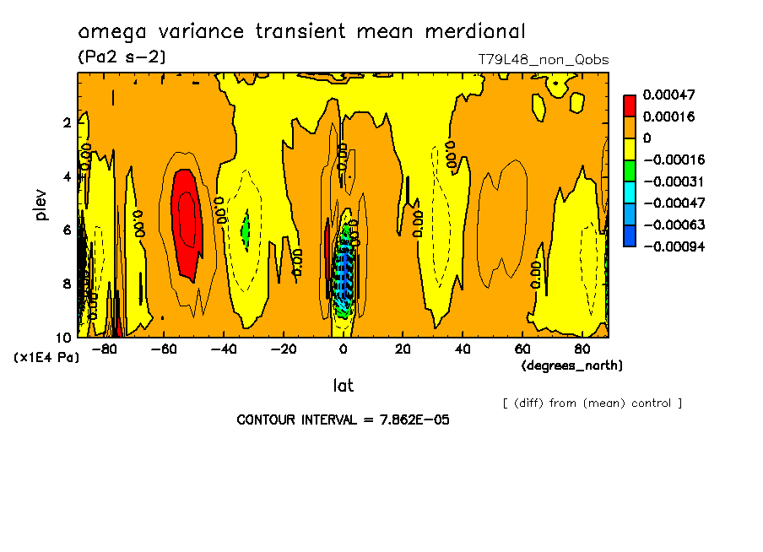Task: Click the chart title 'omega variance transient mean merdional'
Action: pyautogui.click(x=301, y=32)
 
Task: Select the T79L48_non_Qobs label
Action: pyautogui.click(x=543, y=60)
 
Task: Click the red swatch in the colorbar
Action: pyautogui.click(x=630, y=105)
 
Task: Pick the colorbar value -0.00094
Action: pyautogui.click(x=674, y=246)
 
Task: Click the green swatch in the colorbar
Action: pyautogui.click(x=630, y=170)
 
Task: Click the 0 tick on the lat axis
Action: pyautogui.click(x=343, y=349)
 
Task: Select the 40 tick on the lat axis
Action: pyautogui.click(x=463, y=349)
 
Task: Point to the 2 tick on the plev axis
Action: pyautogui.click(x=66, y=122)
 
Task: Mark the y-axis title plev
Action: pyautogui.click(x=41, y=204)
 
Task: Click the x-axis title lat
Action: pyautogui.click(x=343, y=386)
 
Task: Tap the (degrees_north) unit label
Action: pyautogui.click(x=572, y=365)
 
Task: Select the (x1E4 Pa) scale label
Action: pyautogui.click(x=46, y=358)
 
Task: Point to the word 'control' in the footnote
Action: pyautogui.click(x=649, y=403)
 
